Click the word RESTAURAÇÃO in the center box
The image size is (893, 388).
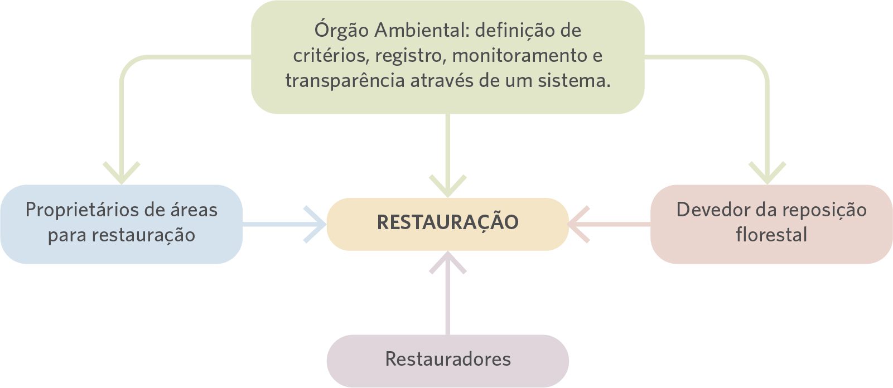point(447,222)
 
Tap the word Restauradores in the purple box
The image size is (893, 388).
point(447,359)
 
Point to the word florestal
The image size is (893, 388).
point(771,235)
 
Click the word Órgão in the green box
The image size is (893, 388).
point(341,30)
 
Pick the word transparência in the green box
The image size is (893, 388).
point(345,81)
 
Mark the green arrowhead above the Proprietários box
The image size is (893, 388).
point(122,173)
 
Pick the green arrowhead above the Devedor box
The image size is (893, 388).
point(767,173)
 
